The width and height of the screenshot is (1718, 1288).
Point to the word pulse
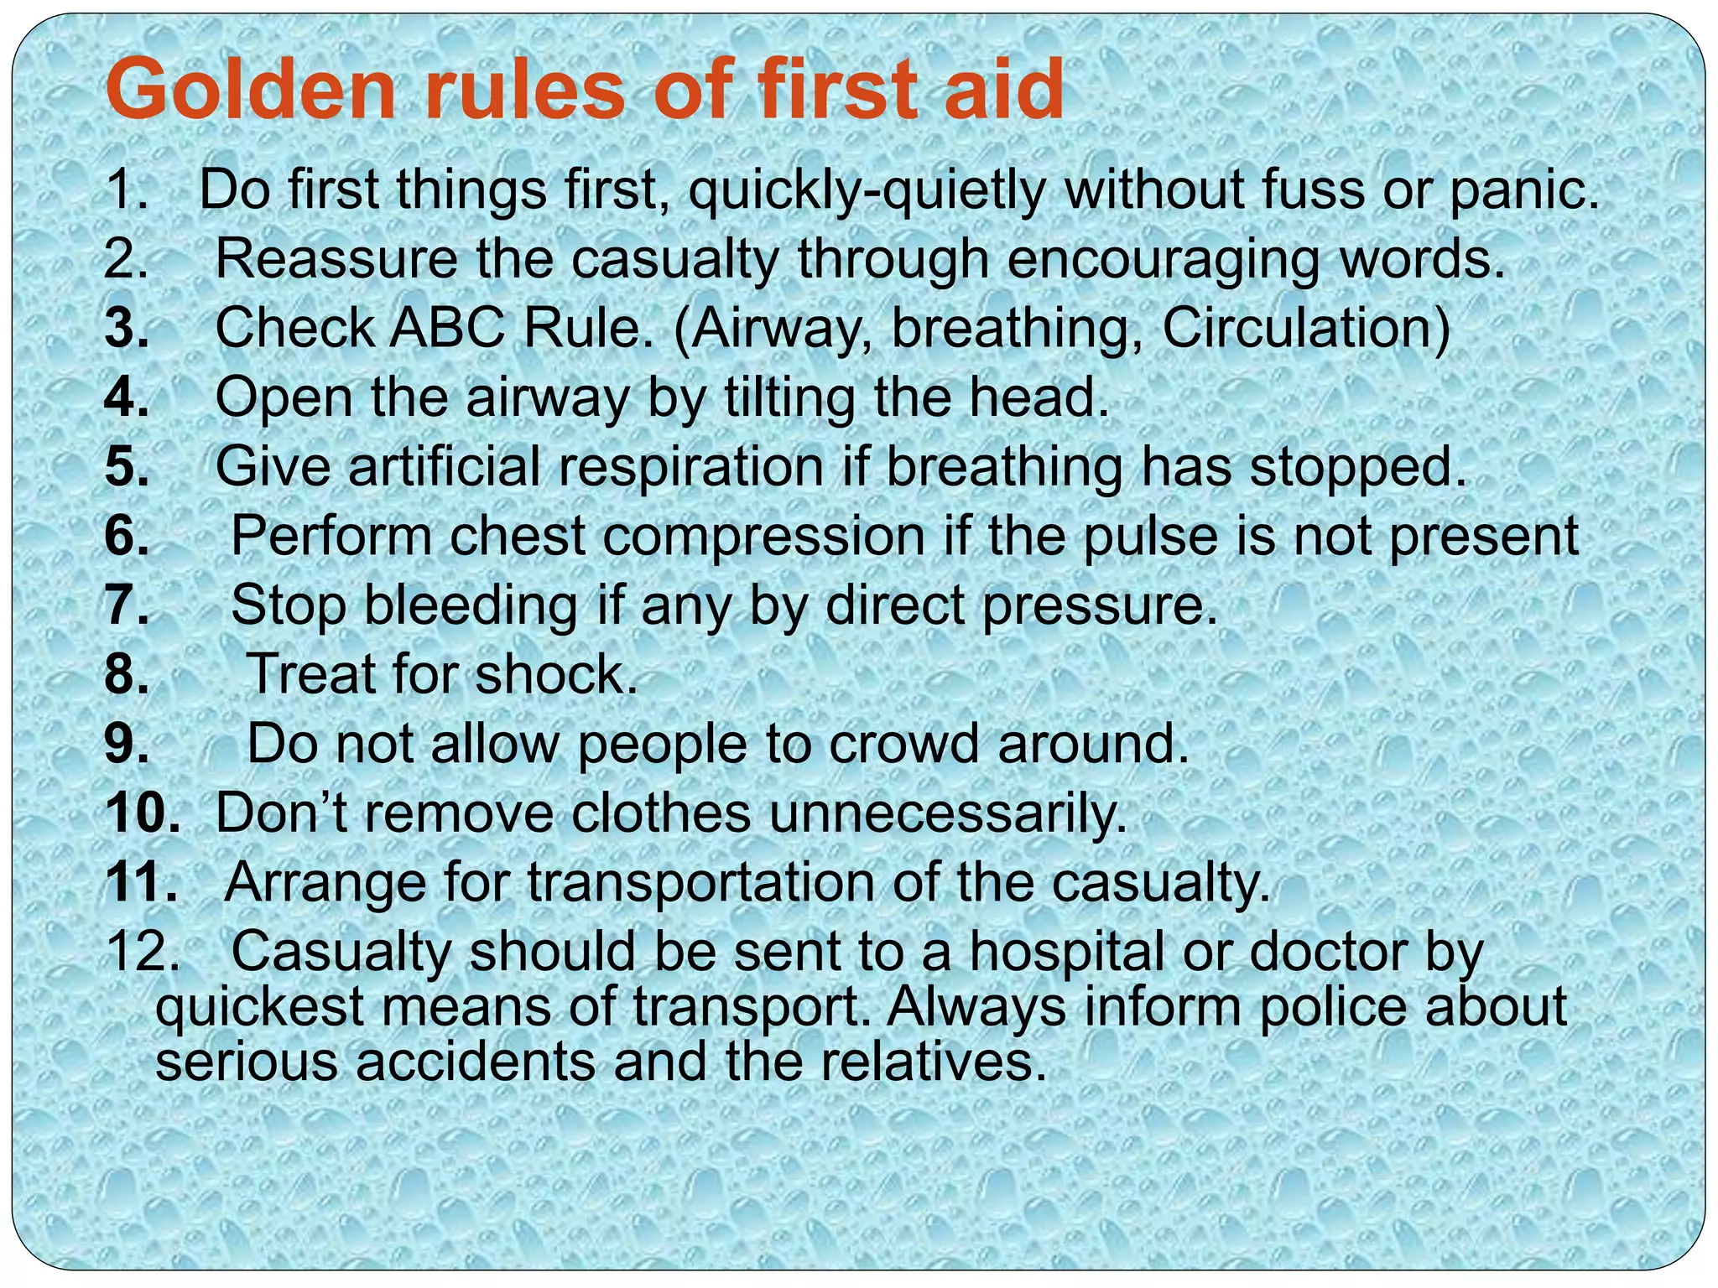(1150, 537)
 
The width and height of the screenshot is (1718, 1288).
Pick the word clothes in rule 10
(662, 813)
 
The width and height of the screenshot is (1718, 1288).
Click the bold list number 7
(127, 605)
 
